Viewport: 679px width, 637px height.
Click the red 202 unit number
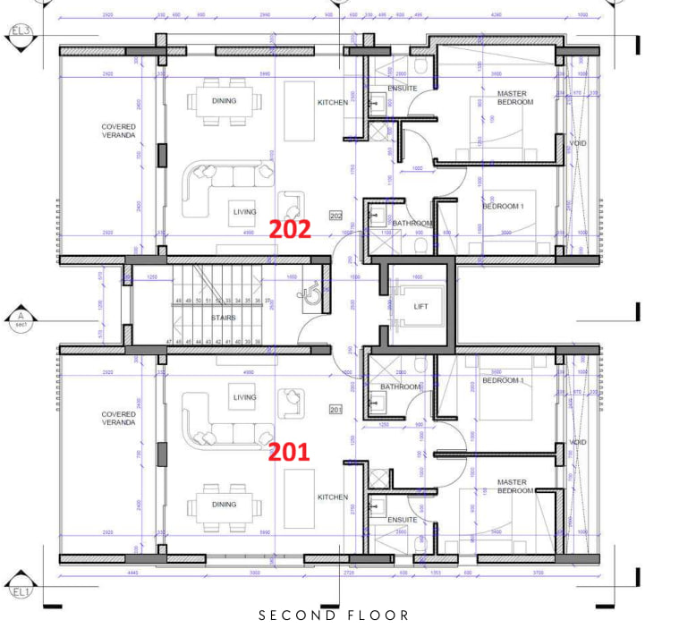tap(290, 229)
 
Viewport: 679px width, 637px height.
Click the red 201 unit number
tap(290, 453)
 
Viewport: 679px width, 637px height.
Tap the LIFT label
tap(421, 307)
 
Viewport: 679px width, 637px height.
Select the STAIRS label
tap(224, 317)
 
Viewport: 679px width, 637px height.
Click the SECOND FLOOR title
tap(334, 616)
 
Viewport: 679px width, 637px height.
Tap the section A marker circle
tap(20, 317)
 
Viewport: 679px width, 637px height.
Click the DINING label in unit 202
tap(225, 101)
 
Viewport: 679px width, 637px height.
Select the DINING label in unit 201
tap(225, 505)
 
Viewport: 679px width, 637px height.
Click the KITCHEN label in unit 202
tap(333, 103)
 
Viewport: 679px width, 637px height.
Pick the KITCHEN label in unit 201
tap(333, 497)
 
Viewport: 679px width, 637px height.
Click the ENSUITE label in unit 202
tap(403, 89)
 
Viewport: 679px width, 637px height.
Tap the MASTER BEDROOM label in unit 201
tap(515, 486)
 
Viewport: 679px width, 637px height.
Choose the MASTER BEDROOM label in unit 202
tap(515, 98)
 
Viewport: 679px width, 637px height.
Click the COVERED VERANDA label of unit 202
tap(119, 131)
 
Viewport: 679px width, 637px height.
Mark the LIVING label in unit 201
tap(244, 397)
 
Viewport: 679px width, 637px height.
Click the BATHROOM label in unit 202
tap(412, 223)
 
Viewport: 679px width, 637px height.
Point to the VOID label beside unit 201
tap(579, 442)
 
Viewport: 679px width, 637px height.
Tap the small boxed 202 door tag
tap(336, 217)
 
